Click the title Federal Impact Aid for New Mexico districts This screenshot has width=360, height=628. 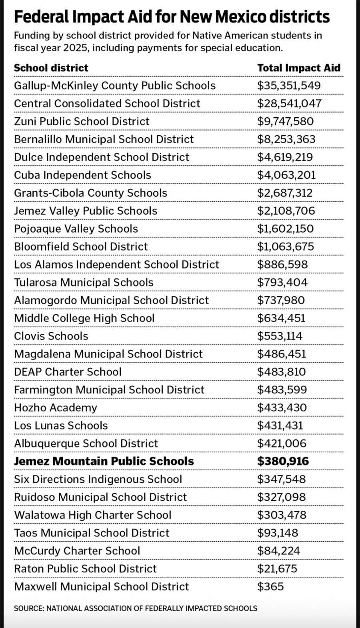tap(172, 17)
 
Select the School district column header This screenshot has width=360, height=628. tap(51, 68)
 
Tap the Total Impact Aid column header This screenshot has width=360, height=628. tap(298, 68)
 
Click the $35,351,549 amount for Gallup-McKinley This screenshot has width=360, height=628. tap(289, 86)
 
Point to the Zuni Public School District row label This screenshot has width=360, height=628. tap(82, 121)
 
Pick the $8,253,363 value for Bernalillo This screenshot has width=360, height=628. tap(286, 139)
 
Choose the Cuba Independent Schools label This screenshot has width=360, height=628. tap(82, 175)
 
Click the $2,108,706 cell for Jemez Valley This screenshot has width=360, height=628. tap(286, 211)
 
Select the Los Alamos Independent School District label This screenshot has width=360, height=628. tap(116, 265)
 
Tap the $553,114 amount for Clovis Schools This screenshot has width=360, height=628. tap(280, 336)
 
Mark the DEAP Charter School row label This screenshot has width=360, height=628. tap(68, 372)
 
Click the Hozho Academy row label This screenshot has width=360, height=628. tap(56, 408)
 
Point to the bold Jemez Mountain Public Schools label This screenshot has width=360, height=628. tap(104, 461)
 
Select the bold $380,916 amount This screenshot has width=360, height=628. tap(283, 461)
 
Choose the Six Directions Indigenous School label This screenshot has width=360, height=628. tap(98, 479)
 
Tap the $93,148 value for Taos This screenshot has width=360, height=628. tap(278, 533)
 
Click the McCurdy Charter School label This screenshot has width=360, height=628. tap(77, 551)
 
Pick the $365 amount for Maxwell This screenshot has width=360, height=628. tap(270, 586)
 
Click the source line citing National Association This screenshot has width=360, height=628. tap(136, 608)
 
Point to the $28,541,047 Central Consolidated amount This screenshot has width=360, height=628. tap(289, 103)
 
